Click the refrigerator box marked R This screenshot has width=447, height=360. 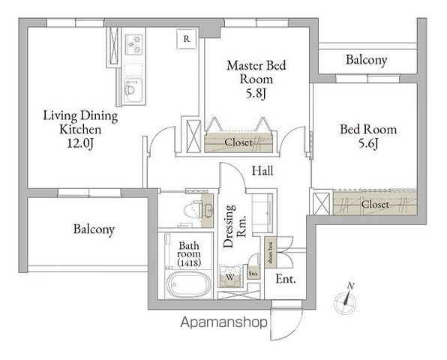click(187, 39)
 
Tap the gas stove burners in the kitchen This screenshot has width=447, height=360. click(134, 44)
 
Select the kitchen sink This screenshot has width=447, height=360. click(133, 90)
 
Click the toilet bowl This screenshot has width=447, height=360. click(193, 210)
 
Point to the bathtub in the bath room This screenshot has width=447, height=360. click(188, 284)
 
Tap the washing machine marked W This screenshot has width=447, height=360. click(230, 277)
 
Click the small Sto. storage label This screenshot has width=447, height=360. click(253, 274)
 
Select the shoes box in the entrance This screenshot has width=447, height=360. click(270, 253)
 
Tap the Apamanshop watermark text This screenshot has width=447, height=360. click(223, 322)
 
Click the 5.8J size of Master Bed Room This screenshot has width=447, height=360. click(256, 93)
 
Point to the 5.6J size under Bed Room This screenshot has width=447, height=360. click(368, 143)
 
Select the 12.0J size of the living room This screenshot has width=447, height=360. click(80, 143)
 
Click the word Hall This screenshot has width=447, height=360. click(262, 171)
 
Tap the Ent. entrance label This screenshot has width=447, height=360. click(286, 279)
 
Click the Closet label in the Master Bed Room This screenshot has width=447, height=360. click(238, 142)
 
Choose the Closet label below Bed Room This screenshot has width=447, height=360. click(375, 204)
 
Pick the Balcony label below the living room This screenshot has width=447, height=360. click(94, 229)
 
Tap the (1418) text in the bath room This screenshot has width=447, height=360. click(189, 262)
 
